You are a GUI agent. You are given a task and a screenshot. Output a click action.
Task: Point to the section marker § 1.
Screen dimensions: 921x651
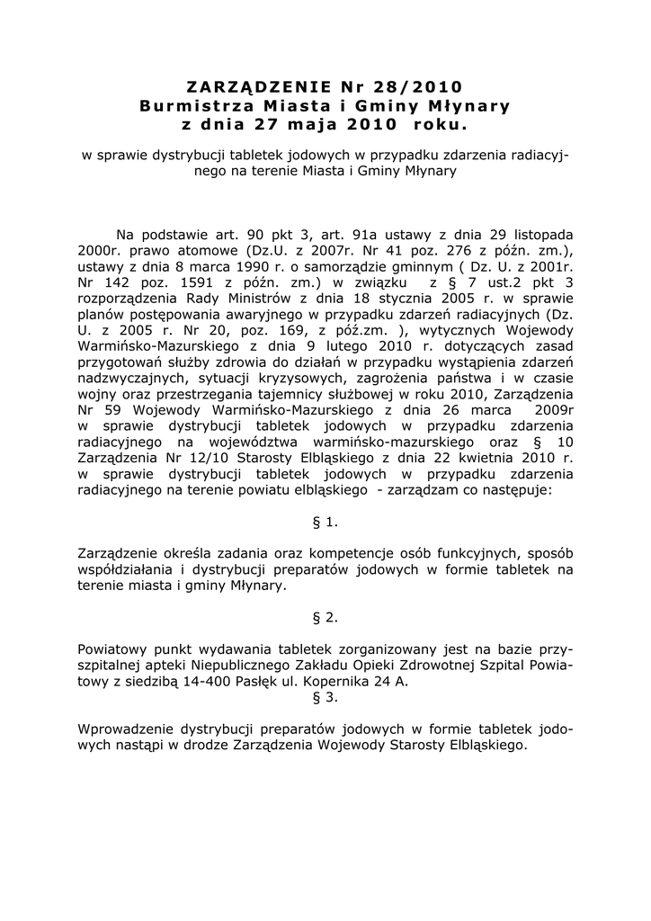click(x=325, y=521)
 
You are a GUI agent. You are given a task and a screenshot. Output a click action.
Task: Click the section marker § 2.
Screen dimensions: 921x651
click(x=325, y=617)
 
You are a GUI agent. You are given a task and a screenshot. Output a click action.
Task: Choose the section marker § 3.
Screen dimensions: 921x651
click(x=325, y=696)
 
